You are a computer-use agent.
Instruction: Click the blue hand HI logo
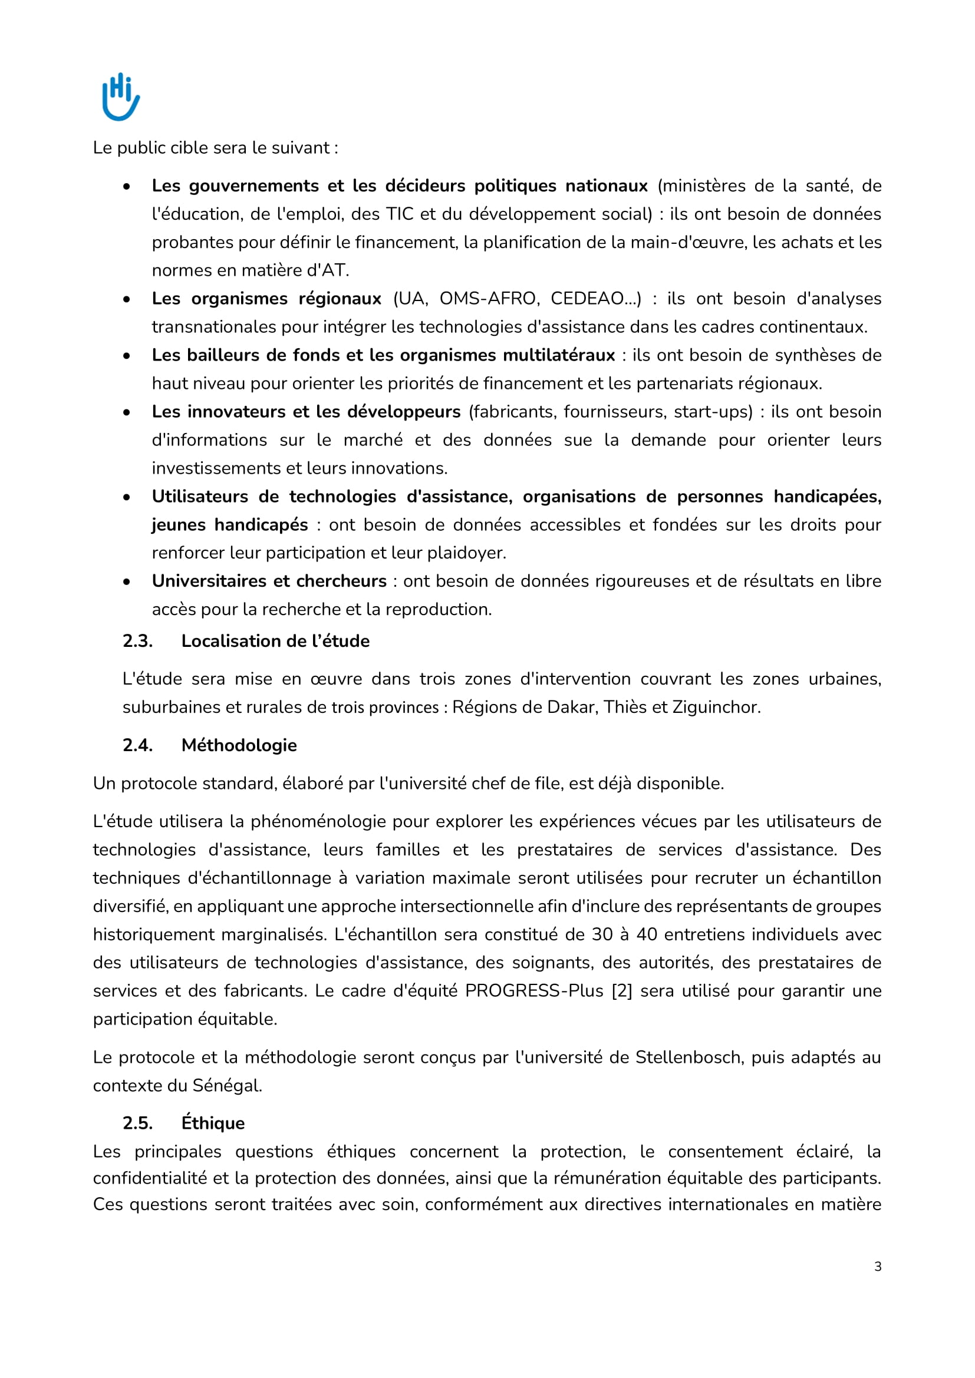click(121, 96)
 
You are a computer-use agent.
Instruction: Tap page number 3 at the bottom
click(878, 1267)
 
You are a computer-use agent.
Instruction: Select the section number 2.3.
click(137, 641)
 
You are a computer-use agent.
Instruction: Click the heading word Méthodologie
click(239, 745)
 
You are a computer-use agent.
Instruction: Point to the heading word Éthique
click(213, 1123)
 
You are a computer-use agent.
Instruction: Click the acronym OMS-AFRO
click(488, 299)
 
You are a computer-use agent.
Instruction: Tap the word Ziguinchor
click(715, 707)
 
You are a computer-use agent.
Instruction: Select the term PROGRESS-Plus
click(533, 991)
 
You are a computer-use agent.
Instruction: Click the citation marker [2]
click(622, 991)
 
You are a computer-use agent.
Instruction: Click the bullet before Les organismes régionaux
click(127, 299)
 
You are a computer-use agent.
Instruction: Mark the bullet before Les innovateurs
click(127, 412)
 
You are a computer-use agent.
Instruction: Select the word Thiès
click(625, 707)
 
